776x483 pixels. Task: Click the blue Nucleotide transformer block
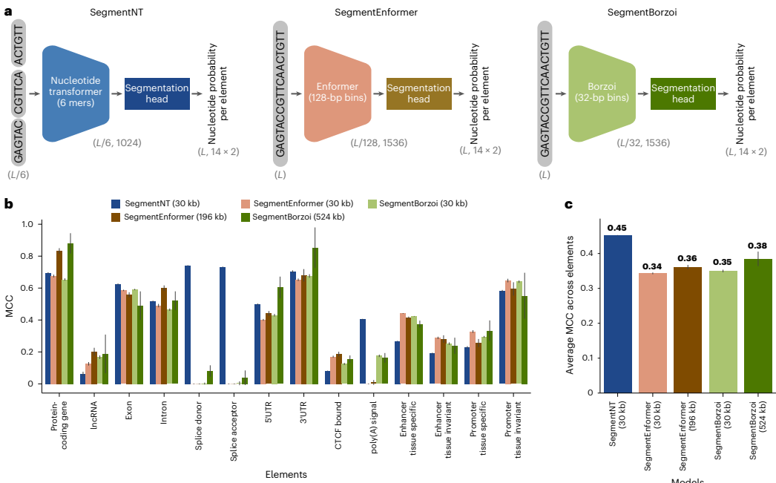pos(76,93)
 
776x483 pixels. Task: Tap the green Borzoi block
pos(602,93)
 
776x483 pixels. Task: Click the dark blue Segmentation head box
pos(157,93)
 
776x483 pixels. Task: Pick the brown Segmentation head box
pos(418,93)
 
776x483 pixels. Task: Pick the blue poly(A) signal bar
pos(362,351)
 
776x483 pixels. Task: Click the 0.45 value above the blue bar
pos(617,228)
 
